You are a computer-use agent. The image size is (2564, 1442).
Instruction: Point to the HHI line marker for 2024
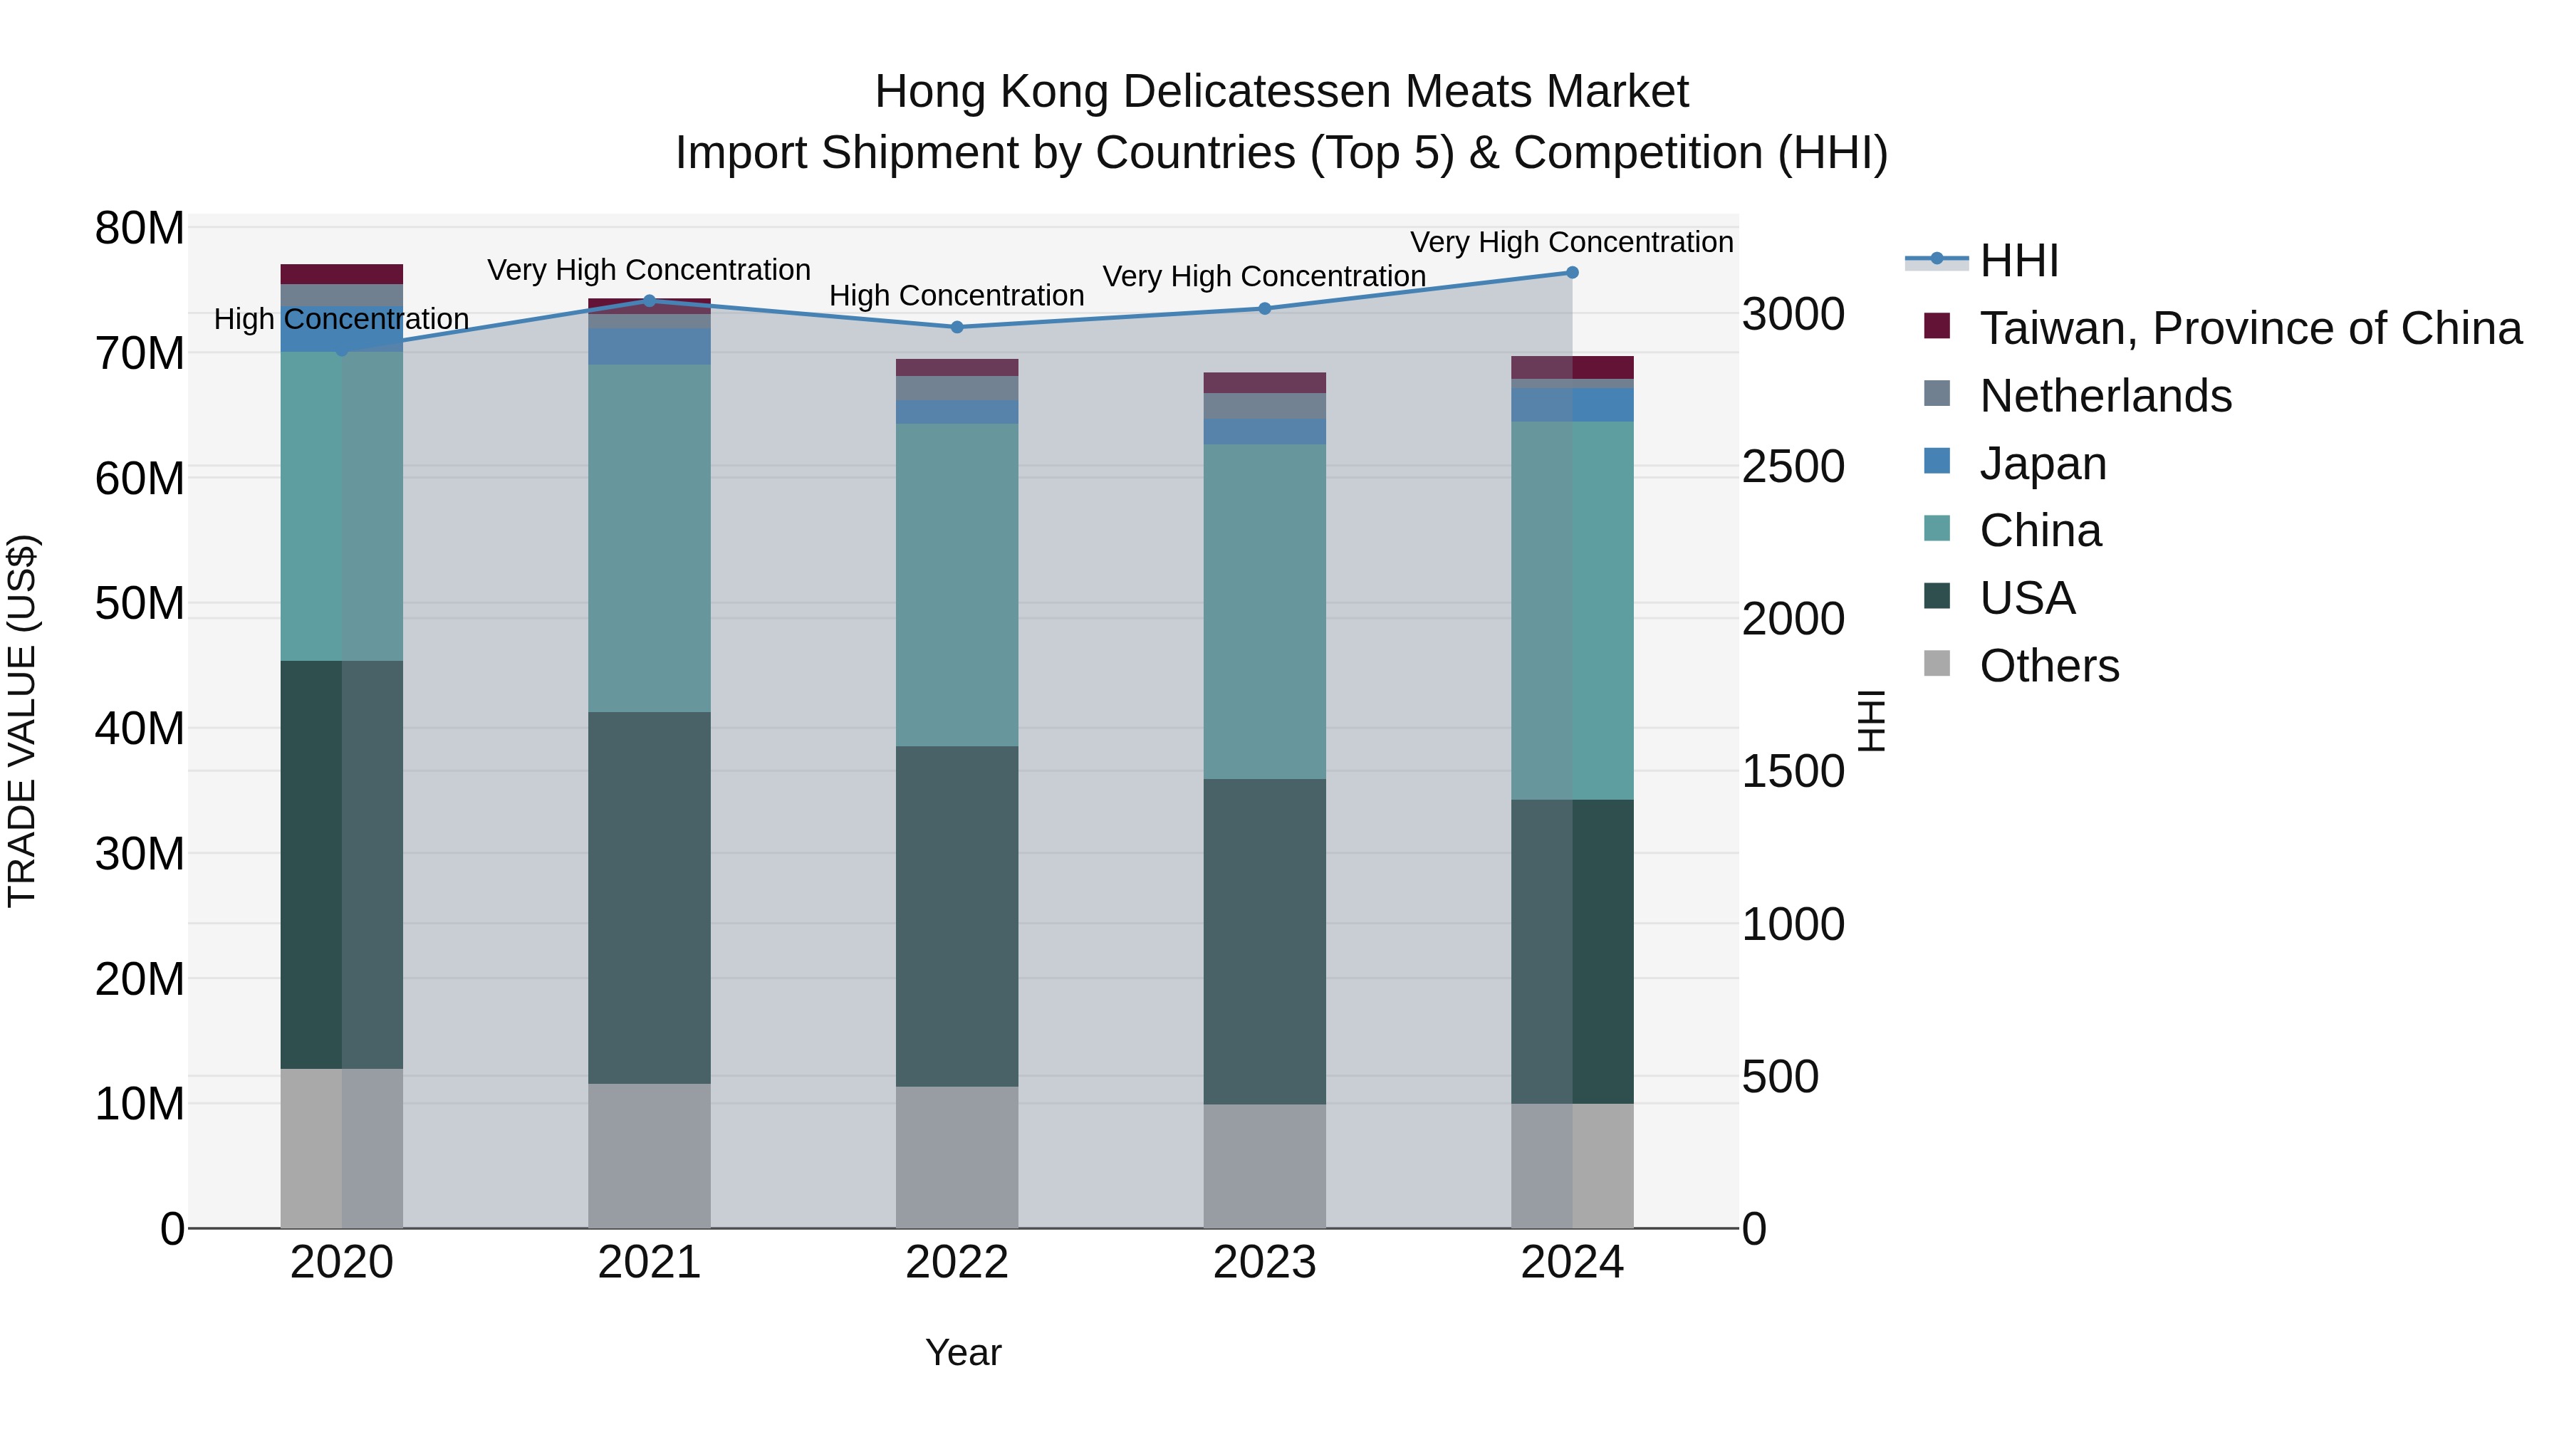[x=1572, y=273]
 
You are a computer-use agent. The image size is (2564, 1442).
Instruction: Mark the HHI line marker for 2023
[x=1264, y=308]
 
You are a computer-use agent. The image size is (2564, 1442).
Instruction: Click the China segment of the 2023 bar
[x=1264, y=611]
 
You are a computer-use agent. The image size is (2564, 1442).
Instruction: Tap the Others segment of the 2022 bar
[x=957, y=1156]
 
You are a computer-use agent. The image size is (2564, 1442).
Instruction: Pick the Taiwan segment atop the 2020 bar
[x=341, y=273]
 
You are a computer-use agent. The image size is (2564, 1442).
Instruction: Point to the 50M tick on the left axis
[x=140, y=603]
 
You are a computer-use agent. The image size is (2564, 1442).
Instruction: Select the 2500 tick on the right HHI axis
[x=1793, y=466]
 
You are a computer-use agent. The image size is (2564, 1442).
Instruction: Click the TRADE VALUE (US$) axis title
[x=22, y=721]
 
